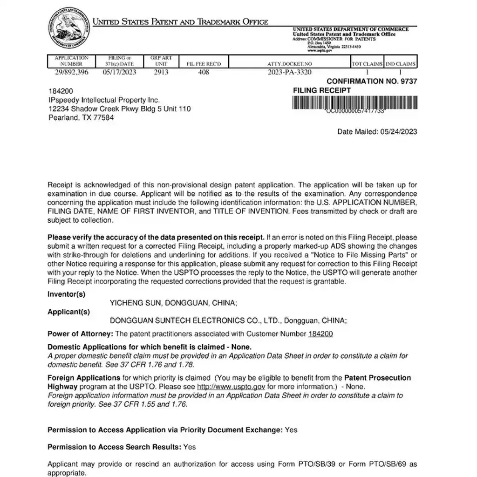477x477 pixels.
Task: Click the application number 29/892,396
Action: point(71,72)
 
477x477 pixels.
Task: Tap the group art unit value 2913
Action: point(161,72)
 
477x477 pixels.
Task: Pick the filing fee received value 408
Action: point(204,72)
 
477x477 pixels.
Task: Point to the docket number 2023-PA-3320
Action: point(290,72)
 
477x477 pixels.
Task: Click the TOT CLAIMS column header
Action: point(367,64)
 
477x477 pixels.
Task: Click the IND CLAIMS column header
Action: point(401,64)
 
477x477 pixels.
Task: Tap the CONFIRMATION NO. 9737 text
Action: point(372,81)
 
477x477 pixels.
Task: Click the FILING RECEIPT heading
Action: point(322,90)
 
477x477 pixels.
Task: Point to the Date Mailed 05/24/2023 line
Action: point(377,132)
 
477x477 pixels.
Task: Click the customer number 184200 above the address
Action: point(61,91)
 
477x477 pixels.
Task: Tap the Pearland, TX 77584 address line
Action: point(82,118)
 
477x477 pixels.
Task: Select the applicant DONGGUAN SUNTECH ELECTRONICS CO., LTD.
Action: point(195,320)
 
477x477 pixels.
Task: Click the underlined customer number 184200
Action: point(320,334)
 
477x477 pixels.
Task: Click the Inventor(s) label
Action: point(67,294)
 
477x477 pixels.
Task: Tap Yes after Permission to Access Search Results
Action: point(190,447)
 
